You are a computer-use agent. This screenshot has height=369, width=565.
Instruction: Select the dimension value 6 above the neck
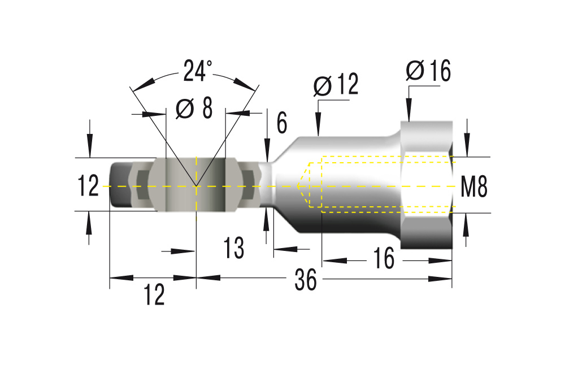(x=282, y=123)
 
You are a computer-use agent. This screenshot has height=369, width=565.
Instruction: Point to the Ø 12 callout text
(x=336, y=84)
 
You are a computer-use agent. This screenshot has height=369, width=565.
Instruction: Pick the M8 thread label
(x=474, y=187)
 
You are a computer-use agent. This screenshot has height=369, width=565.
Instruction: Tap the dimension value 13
(x=234, y=248)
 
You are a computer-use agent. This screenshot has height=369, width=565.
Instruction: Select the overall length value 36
(x=306, y=279)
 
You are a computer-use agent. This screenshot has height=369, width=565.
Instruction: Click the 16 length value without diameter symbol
(x=384, y=258)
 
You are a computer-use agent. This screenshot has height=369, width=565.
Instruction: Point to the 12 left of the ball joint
(x=88, y=186)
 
